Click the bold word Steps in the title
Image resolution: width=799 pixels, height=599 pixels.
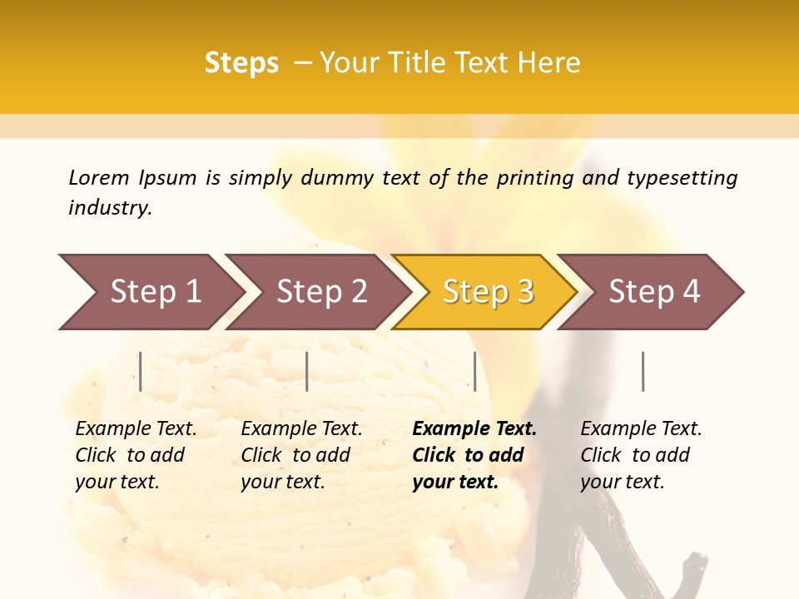[x=241, y=63]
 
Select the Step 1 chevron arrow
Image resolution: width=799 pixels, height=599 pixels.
[x=150, y=292]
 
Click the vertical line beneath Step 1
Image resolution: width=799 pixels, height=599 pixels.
[x=141, y=371]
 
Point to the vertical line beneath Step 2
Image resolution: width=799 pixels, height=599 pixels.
[x=307, y=371]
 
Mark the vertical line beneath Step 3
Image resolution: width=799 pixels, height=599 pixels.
[x=474, y=371]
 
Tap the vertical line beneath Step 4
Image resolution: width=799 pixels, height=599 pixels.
[x=643, y=371]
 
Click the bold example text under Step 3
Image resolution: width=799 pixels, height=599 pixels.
[x=474, y=455]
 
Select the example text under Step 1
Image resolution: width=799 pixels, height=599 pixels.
[x=136, y=455]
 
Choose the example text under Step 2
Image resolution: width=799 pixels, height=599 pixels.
[x=301, y=455]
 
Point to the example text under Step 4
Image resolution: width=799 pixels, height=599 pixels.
[x=641, y=455]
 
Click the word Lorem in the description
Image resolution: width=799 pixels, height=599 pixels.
[x=99, y=178]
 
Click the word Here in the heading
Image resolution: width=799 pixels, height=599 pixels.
[x=548, y=63]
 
